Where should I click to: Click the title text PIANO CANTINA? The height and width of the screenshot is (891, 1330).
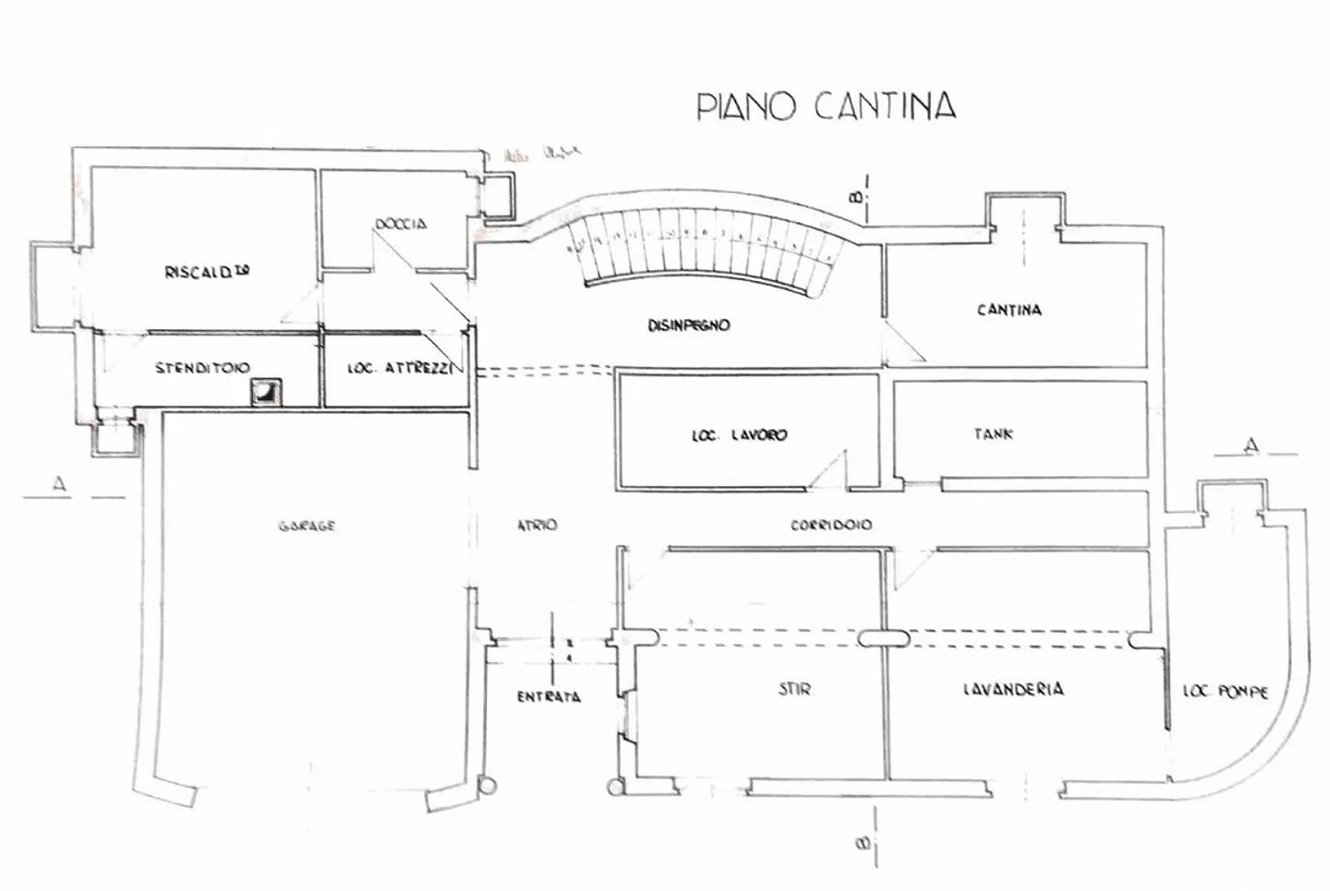pos(825,105)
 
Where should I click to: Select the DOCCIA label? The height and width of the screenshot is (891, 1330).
pos(401,224)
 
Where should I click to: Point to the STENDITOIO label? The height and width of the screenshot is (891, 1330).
pos(201,367)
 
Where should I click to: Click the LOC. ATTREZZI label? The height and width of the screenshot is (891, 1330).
pos(397,368)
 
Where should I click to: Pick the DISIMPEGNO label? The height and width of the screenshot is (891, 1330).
pos(688,325)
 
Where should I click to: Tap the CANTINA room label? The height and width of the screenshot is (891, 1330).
pos(1010,310)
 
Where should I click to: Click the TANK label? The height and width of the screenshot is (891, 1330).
pos(993,433)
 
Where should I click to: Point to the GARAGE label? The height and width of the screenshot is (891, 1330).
pos(307,526)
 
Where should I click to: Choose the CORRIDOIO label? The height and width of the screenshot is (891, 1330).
pos(831,525)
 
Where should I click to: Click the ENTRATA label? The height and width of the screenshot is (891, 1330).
pos(549,697)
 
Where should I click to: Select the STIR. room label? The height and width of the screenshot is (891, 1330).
pos(795,690)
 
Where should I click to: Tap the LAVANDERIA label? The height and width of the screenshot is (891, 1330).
pos(1012,689)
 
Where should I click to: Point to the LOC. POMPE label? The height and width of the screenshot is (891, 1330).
pos(1226,690)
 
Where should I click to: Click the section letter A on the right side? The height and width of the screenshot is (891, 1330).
pos(1251,445)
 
